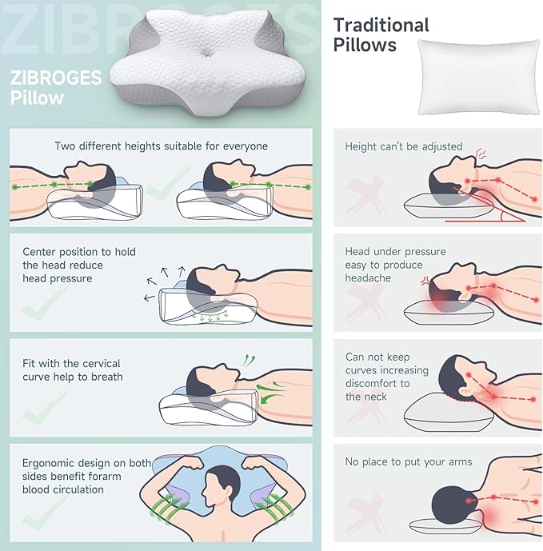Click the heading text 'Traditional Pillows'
(381, 34)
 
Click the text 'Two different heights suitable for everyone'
(161, 146)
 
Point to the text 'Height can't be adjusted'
(404, 146)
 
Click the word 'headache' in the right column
(368, 277)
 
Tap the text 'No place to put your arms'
(409, 461)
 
